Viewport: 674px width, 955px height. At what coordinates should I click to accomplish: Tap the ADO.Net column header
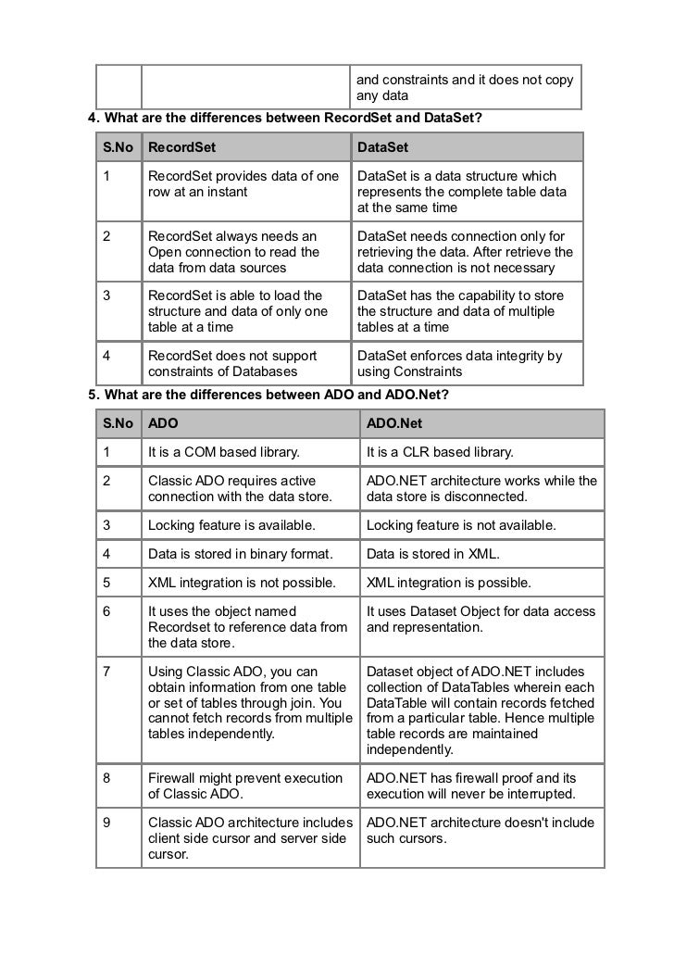(394, 423)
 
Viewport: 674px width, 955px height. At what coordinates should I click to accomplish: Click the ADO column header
(164, 423)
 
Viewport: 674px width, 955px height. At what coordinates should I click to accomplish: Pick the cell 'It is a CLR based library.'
(440, 452)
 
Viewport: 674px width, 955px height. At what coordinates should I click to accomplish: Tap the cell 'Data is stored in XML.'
(432, 554)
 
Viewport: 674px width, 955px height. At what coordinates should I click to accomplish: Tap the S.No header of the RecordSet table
(118, 147)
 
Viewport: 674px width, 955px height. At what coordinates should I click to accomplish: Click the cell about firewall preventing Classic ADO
(245, 786)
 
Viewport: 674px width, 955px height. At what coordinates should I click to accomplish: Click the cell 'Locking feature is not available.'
(461, 525)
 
